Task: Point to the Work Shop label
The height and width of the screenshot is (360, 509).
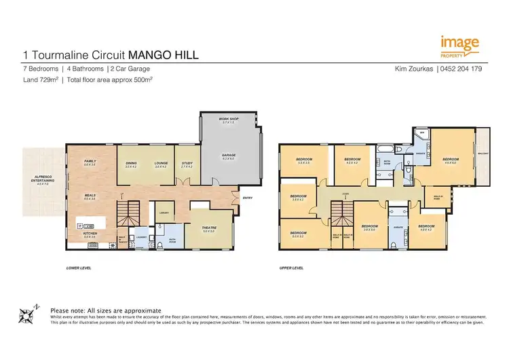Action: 227,120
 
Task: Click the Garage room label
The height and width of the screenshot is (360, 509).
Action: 229,158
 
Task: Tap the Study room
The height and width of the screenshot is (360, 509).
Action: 187,164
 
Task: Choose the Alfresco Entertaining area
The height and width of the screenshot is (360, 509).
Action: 44,180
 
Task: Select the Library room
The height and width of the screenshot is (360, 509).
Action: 163,211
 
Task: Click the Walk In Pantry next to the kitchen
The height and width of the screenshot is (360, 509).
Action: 123,240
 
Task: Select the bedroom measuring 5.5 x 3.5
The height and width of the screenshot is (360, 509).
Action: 303,162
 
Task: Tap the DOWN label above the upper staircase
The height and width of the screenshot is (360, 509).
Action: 346,192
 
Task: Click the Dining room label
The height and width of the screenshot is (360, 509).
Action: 131,164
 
